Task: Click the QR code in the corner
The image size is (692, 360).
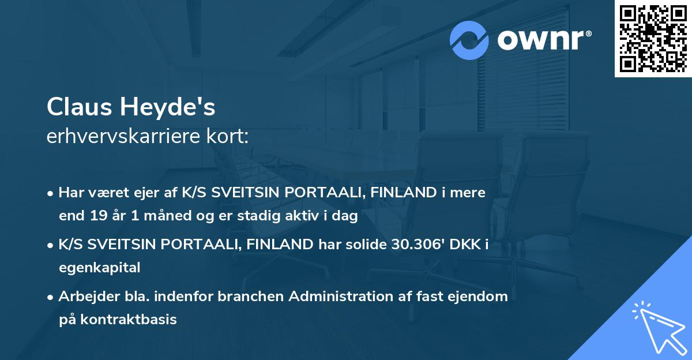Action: coord(653,39)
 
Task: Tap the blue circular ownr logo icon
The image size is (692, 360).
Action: coord(469,40)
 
